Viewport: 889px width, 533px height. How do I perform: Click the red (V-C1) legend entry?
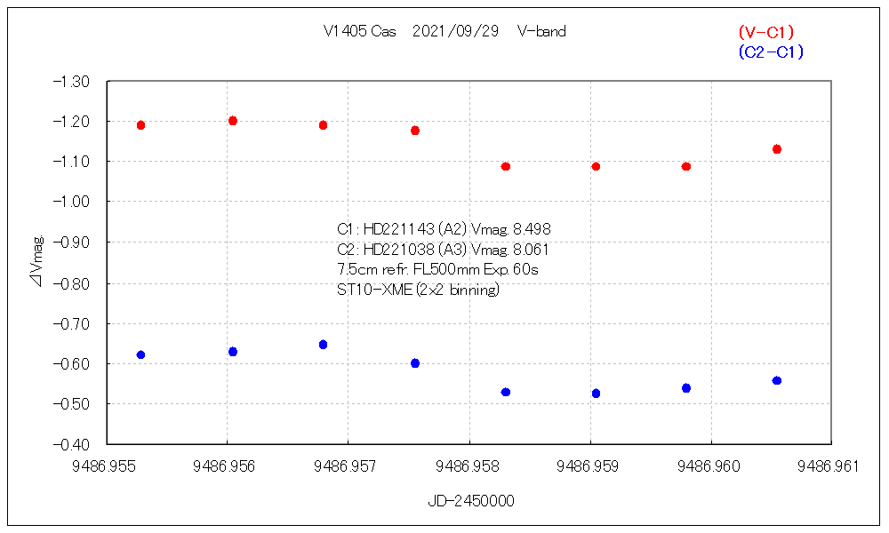click(x=765, y=32)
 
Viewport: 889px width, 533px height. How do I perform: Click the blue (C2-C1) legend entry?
click(x=770, y=52)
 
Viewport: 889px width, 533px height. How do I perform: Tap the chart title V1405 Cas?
click(x=360, y=31)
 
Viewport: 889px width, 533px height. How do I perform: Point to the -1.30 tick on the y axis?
click(x=72, y=81)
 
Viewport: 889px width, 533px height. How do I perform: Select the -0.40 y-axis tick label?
click(x=72, y=443)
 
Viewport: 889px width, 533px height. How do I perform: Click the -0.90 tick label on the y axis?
click(x=72, y=242)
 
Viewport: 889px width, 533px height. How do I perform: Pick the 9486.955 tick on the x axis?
click(x=107, y=465)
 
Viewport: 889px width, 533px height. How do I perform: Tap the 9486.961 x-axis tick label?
click(x=831, y=465)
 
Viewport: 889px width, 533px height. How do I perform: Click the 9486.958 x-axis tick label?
click(x=469, y=465)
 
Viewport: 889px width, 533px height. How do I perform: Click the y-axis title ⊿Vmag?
click(x=36, y=261)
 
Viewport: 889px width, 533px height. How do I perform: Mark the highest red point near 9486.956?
click(x=233, y=121)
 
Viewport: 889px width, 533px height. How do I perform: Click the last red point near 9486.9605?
click(x=777, y=149)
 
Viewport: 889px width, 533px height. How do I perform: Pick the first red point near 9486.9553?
click(x=140, y=125)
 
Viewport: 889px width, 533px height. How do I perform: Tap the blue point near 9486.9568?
click(x=324, y=345)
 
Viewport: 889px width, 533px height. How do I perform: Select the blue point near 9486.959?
click(x=596, y=394)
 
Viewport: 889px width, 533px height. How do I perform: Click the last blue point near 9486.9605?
click(x=777, y=380)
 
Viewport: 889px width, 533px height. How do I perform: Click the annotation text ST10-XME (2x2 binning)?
click(x=418, y=290)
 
